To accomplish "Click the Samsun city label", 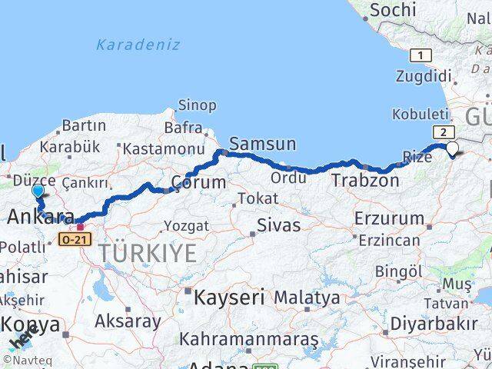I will (262, 144).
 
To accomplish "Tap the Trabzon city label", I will (365, 181).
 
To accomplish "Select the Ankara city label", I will (40, 218).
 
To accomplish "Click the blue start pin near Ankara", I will (38, 191).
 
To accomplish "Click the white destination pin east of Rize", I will (452, 149).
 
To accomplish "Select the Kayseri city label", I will (229, 296).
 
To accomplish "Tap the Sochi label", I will (393, 10).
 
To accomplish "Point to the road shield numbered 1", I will (420, 55).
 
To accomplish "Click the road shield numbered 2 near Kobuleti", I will (443, 132).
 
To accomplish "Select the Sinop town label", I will (197, 105).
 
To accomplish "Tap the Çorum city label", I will (198, 183).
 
